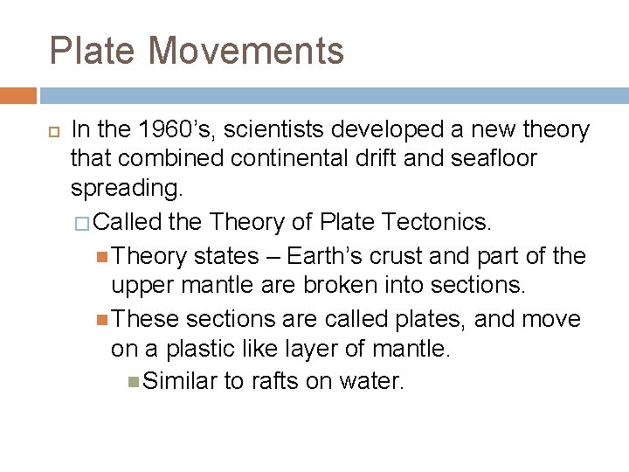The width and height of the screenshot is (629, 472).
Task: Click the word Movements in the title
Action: coord(246,51)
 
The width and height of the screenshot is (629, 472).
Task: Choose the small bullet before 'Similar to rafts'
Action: coord(133,382)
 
